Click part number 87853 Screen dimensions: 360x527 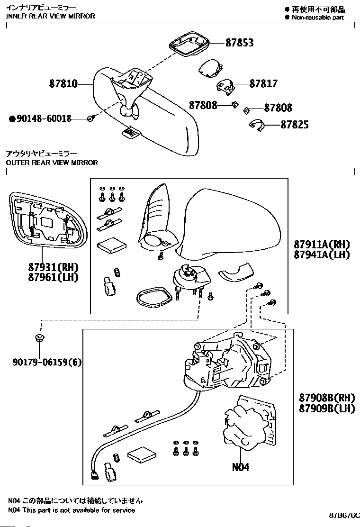[x=239, y=43]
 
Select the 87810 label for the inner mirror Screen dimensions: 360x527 [x=63, y=83]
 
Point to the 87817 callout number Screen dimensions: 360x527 [x=263, y=83]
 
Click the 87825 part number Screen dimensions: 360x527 [x=294, y=125]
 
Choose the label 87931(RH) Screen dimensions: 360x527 [x=53, y=268]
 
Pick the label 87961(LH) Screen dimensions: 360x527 [x=53, y=278]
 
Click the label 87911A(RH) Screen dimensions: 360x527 [x=322, y=245]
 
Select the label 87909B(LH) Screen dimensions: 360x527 [x=327, y=409]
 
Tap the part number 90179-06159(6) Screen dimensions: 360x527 [x=47, y=362]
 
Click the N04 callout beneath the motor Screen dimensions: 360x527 [x=241, y=467]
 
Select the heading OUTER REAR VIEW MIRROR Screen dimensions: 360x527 [x=52, y=163]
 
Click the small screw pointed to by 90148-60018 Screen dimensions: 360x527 [x=90, y=118]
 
